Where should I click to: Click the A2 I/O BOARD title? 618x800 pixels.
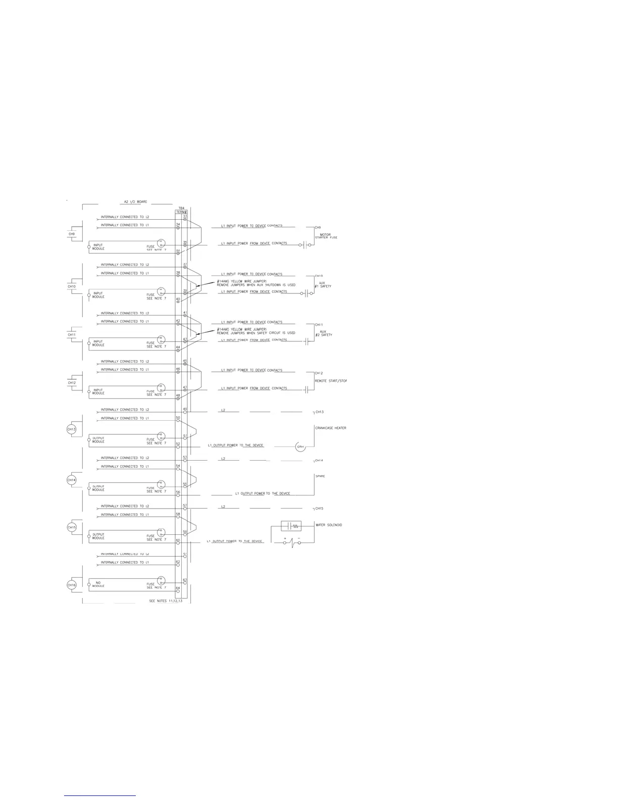click(x=135, y=202)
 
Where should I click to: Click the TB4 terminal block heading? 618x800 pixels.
click(x=181, y=208)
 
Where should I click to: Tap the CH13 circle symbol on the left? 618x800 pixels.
click(x=72, y=429)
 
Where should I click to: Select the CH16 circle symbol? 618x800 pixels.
click(x=72, y=585)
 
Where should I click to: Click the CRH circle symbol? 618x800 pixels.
click(x=300, y=447)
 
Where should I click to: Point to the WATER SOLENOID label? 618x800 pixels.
click(x=329, y=525)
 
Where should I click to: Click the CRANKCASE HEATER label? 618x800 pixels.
click(x=331, y=428)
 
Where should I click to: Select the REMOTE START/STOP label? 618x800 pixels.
click(x=331, y=381)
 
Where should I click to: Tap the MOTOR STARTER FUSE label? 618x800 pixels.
click(x=326, y=236)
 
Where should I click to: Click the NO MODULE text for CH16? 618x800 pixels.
click(x=98, y=584)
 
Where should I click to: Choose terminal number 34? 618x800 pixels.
click(x=178, y=224)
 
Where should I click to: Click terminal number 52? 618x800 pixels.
click(x=178, y=444)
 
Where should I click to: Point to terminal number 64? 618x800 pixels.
click(x=178, y=588)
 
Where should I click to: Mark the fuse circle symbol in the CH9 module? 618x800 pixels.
click(x=161, y=243)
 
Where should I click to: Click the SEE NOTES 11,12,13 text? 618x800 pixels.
click(x=166, y=601)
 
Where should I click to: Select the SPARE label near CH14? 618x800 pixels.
click(x=320, y=476)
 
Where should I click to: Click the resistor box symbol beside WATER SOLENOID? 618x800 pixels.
click(x=291, y=526)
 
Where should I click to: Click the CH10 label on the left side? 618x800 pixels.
click(x=72, y=286)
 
